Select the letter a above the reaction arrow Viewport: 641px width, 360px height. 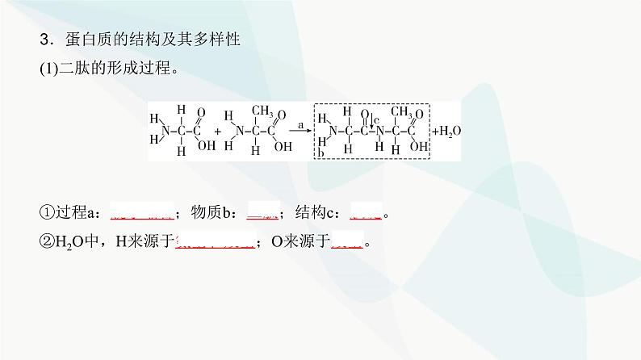[x=300, y=125]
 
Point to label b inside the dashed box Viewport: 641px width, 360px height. [x=320, y=153]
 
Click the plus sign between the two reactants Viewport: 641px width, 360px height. [x=218, y=131]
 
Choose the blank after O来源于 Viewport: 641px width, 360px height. [x=349, y=241]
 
